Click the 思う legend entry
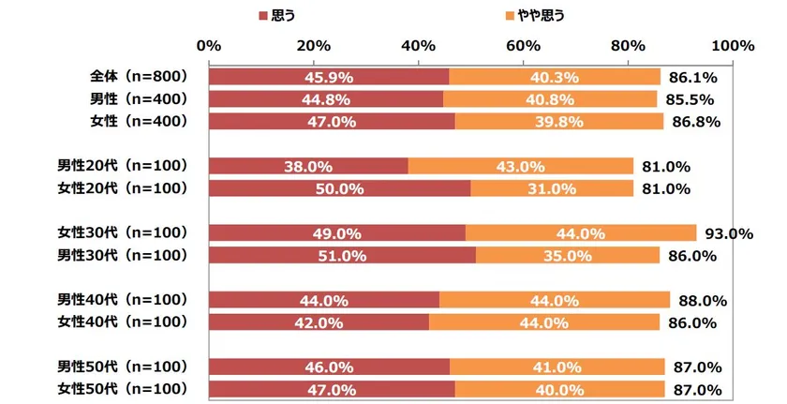[x=278, y=16]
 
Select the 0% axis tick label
[x=209, y=46]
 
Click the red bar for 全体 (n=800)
[x=329, y=77]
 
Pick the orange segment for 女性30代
[x=581, y=233]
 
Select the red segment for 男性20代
[x=308, y=167]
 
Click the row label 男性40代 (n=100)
[x=123, y=300]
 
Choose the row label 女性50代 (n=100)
[x=123, y=389]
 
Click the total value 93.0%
[x=727, y=234]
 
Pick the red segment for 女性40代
[x=319, y=322]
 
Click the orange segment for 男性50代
[x=557, y=367]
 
